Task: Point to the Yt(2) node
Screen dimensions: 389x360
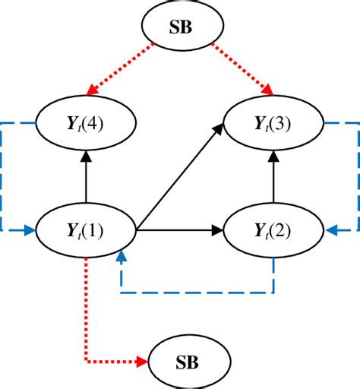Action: tap(273, 227)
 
